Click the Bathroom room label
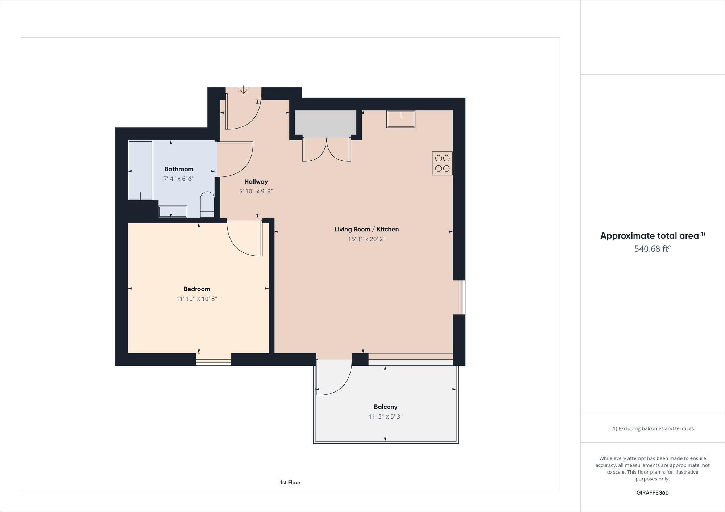[179, 169]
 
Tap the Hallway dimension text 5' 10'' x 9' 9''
[256, 191]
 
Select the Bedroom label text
[196, 289]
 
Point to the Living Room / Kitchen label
[366, 229]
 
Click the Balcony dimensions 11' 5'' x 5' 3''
[385, 416]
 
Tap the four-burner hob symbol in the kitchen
[442, 163]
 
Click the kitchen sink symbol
[401, 119]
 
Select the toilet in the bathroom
[207, 203]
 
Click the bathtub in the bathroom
[140, 170]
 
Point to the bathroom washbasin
[173, 212]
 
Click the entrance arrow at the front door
[243, 89]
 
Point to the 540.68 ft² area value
[652, 249]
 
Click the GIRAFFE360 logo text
[652, 492]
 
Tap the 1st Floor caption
[290, 482]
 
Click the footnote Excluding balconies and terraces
[652, 428]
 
